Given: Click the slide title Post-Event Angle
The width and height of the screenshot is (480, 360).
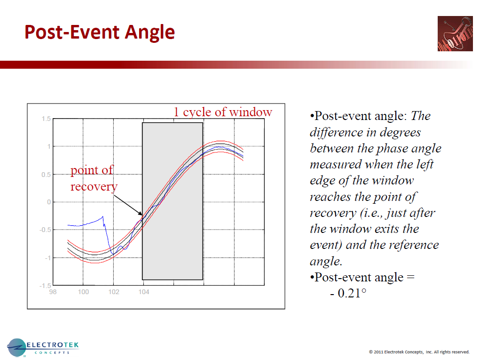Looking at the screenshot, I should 99,32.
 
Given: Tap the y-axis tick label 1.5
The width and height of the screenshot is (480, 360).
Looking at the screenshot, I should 46,119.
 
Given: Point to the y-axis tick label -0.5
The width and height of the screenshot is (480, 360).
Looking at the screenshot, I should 44,230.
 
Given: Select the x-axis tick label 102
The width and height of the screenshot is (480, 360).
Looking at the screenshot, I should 114,292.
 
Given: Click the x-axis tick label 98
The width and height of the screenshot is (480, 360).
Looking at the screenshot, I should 53,292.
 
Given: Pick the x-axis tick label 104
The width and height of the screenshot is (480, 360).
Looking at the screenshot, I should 144,292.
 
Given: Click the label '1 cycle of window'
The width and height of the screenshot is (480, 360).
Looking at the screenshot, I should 223,112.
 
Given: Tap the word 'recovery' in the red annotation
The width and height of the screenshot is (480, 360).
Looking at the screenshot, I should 94,186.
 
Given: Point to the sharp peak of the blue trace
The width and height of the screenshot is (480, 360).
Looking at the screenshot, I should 103,216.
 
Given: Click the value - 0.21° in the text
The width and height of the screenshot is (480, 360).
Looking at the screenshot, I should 348,293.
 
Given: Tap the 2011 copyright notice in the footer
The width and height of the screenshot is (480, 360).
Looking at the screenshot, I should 419,352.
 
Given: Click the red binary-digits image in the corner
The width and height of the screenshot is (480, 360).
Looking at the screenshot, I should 455,33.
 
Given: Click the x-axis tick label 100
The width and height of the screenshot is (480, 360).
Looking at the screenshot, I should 83,292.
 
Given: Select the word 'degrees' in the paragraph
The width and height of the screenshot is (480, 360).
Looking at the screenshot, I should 400,132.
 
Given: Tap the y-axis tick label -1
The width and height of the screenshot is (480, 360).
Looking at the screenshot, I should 47,258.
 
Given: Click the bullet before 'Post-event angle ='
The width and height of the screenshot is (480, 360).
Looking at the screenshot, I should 312,278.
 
